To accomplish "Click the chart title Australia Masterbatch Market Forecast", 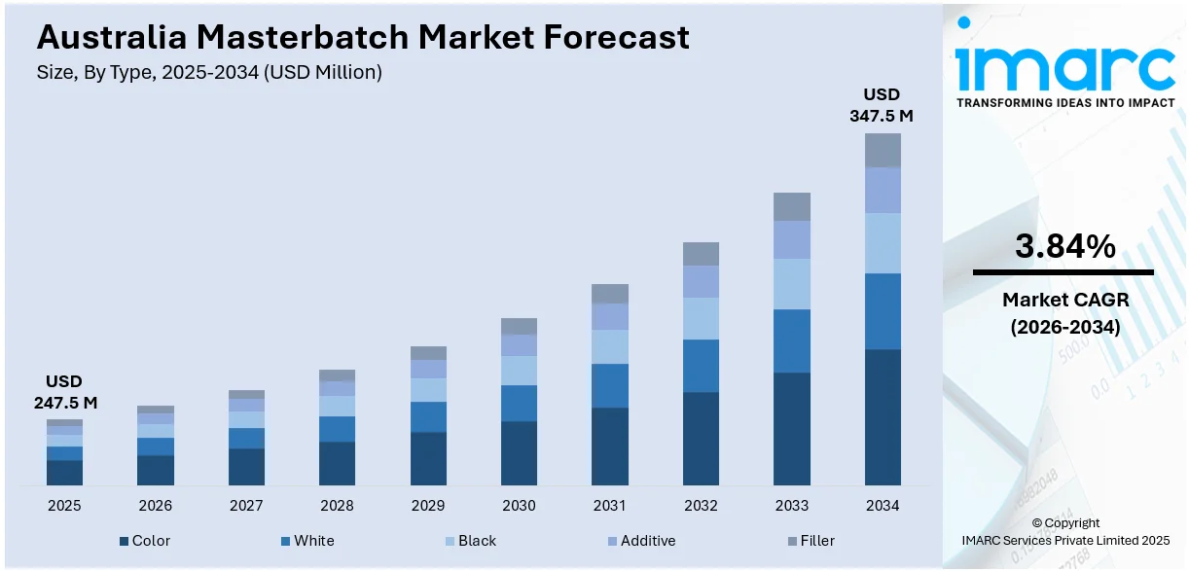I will click(362, 37).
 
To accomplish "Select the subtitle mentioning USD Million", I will click(209, 72).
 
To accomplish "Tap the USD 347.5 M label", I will click(882, 105).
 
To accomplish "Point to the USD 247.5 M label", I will click(64, 392).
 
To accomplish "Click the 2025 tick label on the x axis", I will click(64, 506).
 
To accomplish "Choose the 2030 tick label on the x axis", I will click(519, 506).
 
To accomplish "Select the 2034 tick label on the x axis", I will click(883, 506).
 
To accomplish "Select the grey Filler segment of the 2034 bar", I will click(883, 150).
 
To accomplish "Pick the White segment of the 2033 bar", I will click(792, 340).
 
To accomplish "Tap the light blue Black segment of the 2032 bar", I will click(701, 318).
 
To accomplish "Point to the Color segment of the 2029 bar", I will click(428, 458).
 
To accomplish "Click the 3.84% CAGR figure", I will click(1064, 247).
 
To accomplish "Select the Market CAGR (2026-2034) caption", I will click(1064, 313).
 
